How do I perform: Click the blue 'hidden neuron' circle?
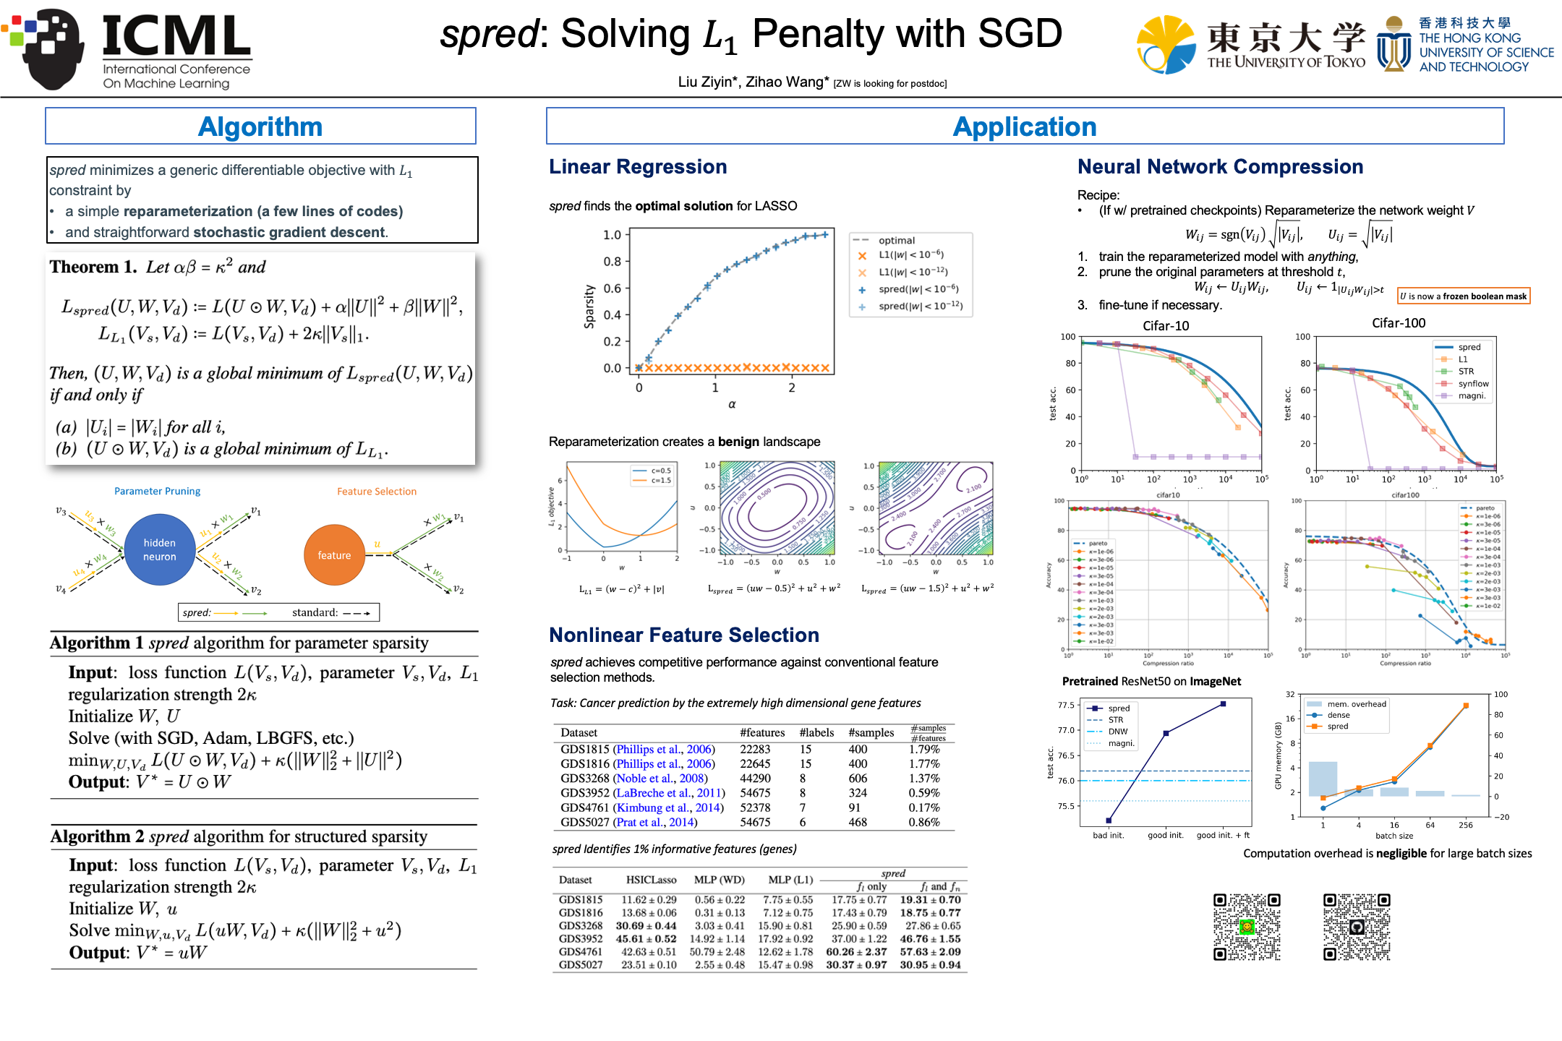click(x=160, y=549)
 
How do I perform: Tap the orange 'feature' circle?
click(x=334, y=555)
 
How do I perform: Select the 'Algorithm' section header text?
click(x=260, y=127)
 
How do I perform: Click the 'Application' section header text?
click(x=1024, y=127)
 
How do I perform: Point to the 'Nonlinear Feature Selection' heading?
click(x=684, y=635)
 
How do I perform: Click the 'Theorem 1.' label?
click(x=93, y=267)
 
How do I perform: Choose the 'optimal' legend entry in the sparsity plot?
click(x=896, y=240)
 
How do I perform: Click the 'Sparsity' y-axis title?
click(x=589, y=307)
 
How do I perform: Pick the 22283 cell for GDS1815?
click(x=755, y=749)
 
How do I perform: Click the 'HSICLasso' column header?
click(x=651, y=880)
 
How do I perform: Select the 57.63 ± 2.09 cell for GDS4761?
click(x=930, y=951)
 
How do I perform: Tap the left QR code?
click(x=1247, y=927)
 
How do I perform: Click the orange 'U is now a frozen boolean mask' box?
click(x=1464, y=296)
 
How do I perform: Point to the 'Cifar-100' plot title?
click(x=1399, y=323)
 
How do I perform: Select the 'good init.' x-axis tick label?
click(x=1165, y=835)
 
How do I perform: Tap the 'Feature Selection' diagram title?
click(x=377, y=492)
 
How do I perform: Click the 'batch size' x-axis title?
click(x=1394, y=836)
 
